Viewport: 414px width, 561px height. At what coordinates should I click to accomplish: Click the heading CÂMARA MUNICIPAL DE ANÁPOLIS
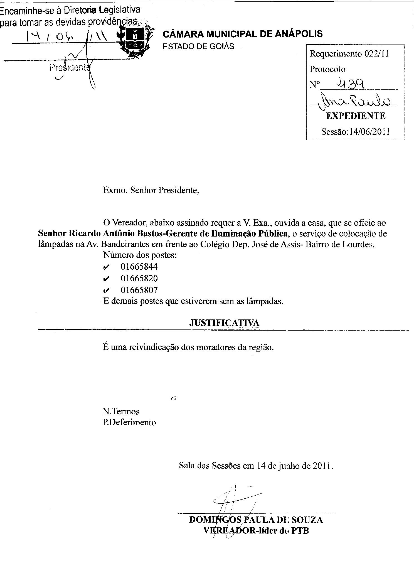tap(242, 34)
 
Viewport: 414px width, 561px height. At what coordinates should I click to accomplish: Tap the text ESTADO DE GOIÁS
tap(198, 46)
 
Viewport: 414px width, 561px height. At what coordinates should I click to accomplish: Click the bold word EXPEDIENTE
tap(356, 116)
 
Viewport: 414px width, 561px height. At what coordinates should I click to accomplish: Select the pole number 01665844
tap(139, 267)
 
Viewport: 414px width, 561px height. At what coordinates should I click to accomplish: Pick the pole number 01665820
tap(139, 278)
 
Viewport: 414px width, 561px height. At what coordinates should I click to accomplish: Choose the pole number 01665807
tap(139, 290)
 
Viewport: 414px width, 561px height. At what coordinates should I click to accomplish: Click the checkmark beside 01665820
tap(106, 279)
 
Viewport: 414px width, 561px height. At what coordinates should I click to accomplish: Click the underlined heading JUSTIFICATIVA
tap(224, 323)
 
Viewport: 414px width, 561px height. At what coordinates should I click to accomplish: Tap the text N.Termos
tap(121, 411)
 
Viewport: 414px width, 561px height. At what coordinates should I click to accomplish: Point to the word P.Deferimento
tap(129, 422)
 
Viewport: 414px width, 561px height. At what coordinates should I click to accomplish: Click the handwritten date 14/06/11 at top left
tap(67, 36)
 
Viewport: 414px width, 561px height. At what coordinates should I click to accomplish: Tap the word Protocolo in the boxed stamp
tap(327, 69)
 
